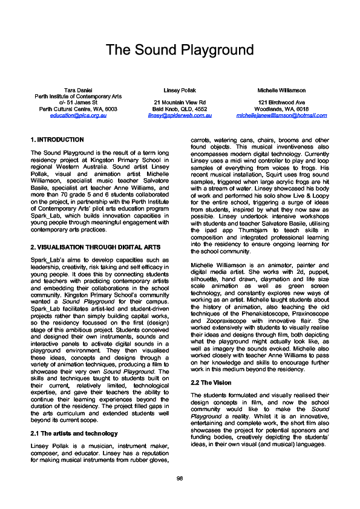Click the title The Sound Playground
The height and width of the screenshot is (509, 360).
[x=180, y=50]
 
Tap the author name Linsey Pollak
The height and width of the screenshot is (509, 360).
[x=179, y=90]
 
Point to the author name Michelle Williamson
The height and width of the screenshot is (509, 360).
[x=281, y=90]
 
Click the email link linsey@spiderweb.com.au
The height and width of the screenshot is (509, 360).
[x=179, y=115]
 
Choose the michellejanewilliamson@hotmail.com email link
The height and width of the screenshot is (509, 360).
[x=281, y=115]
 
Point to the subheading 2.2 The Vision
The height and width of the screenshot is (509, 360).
[x=211, y=383]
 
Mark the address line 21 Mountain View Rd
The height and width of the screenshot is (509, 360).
[x=179, y=103]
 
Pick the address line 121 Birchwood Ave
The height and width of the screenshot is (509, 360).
[x=281, y=103]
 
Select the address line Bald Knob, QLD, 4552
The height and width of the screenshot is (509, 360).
[x=179, y=109]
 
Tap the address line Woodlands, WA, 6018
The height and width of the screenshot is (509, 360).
[x=281, y=109]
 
